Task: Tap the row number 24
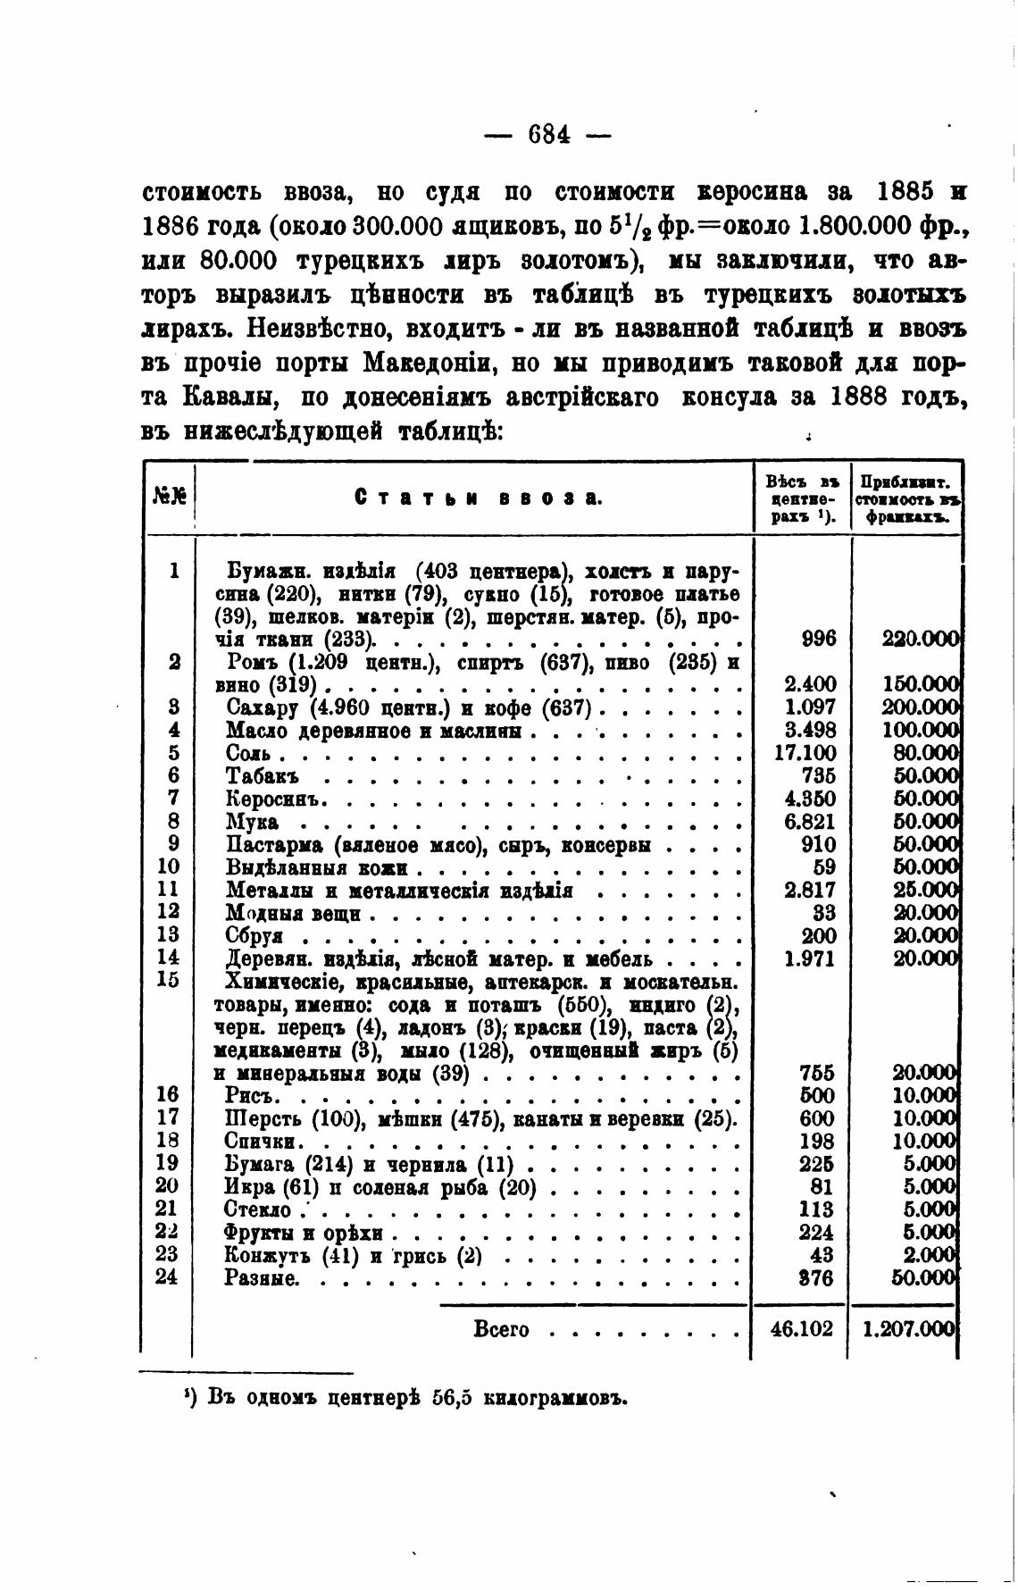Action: [x=167, y=1277]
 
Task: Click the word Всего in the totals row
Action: [x=501, y=1329]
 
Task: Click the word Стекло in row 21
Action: [x=259, y=1209]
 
